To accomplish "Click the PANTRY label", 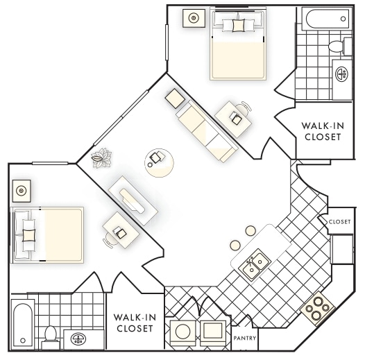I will (245, 339).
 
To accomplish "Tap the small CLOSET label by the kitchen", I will (339, 222).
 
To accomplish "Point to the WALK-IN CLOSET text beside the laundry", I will (135, 323).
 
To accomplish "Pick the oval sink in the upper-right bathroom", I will (341, 73).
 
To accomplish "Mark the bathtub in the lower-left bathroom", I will (22, 324).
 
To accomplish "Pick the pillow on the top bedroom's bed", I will (238, 26).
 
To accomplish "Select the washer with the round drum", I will (182, 332).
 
